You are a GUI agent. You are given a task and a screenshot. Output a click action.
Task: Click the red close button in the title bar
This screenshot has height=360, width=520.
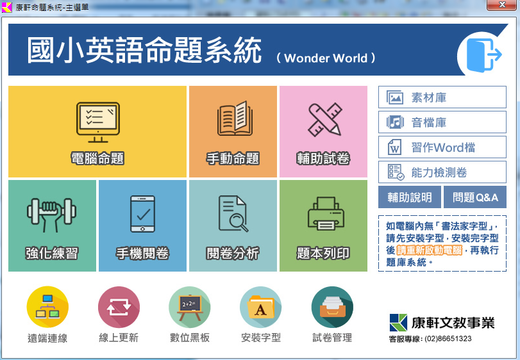(503, 5)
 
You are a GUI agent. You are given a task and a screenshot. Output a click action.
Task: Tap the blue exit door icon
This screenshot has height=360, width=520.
(484, 55)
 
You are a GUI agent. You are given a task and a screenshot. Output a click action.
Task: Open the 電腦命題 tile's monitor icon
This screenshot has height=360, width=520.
(98, 122)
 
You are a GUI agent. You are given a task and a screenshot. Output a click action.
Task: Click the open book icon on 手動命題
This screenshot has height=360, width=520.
(235, 119)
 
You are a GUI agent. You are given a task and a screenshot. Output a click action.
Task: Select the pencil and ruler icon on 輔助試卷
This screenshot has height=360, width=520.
(325, 120)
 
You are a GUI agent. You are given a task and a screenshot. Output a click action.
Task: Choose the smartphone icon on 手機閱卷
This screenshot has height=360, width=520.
(142, 214)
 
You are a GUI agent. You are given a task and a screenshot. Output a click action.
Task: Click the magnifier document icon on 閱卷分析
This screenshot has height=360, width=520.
(233, 213)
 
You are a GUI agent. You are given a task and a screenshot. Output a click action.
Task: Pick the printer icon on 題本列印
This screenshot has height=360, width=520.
(326, 213)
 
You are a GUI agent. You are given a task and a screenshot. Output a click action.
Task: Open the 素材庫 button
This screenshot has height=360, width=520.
(442, 97)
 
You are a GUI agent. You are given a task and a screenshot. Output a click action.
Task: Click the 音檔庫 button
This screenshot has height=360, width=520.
(442, 122)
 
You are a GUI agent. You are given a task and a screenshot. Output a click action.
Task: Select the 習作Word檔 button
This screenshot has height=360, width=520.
(442, 147)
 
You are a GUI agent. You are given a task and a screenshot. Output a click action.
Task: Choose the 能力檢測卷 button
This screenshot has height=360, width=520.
(442, 172)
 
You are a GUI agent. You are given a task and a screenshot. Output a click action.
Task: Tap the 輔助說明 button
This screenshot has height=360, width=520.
(410, 197)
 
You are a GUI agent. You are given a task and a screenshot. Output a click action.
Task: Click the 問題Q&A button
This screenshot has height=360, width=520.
(475, 197)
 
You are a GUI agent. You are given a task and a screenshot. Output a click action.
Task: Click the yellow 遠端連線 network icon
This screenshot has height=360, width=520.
(47, 307)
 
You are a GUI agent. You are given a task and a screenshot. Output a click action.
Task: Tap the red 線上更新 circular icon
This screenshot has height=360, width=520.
(119, 307)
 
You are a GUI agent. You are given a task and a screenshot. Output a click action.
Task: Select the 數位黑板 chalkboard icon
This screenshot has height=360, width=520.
(190, 307)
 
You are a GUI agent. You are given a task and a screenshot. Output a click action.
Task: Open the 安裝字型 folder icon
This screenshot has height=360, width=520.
(261, 307)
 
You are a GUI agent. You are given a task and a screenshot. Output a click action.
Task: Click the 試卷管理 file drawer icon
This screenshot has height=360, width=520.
(332, 307)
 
